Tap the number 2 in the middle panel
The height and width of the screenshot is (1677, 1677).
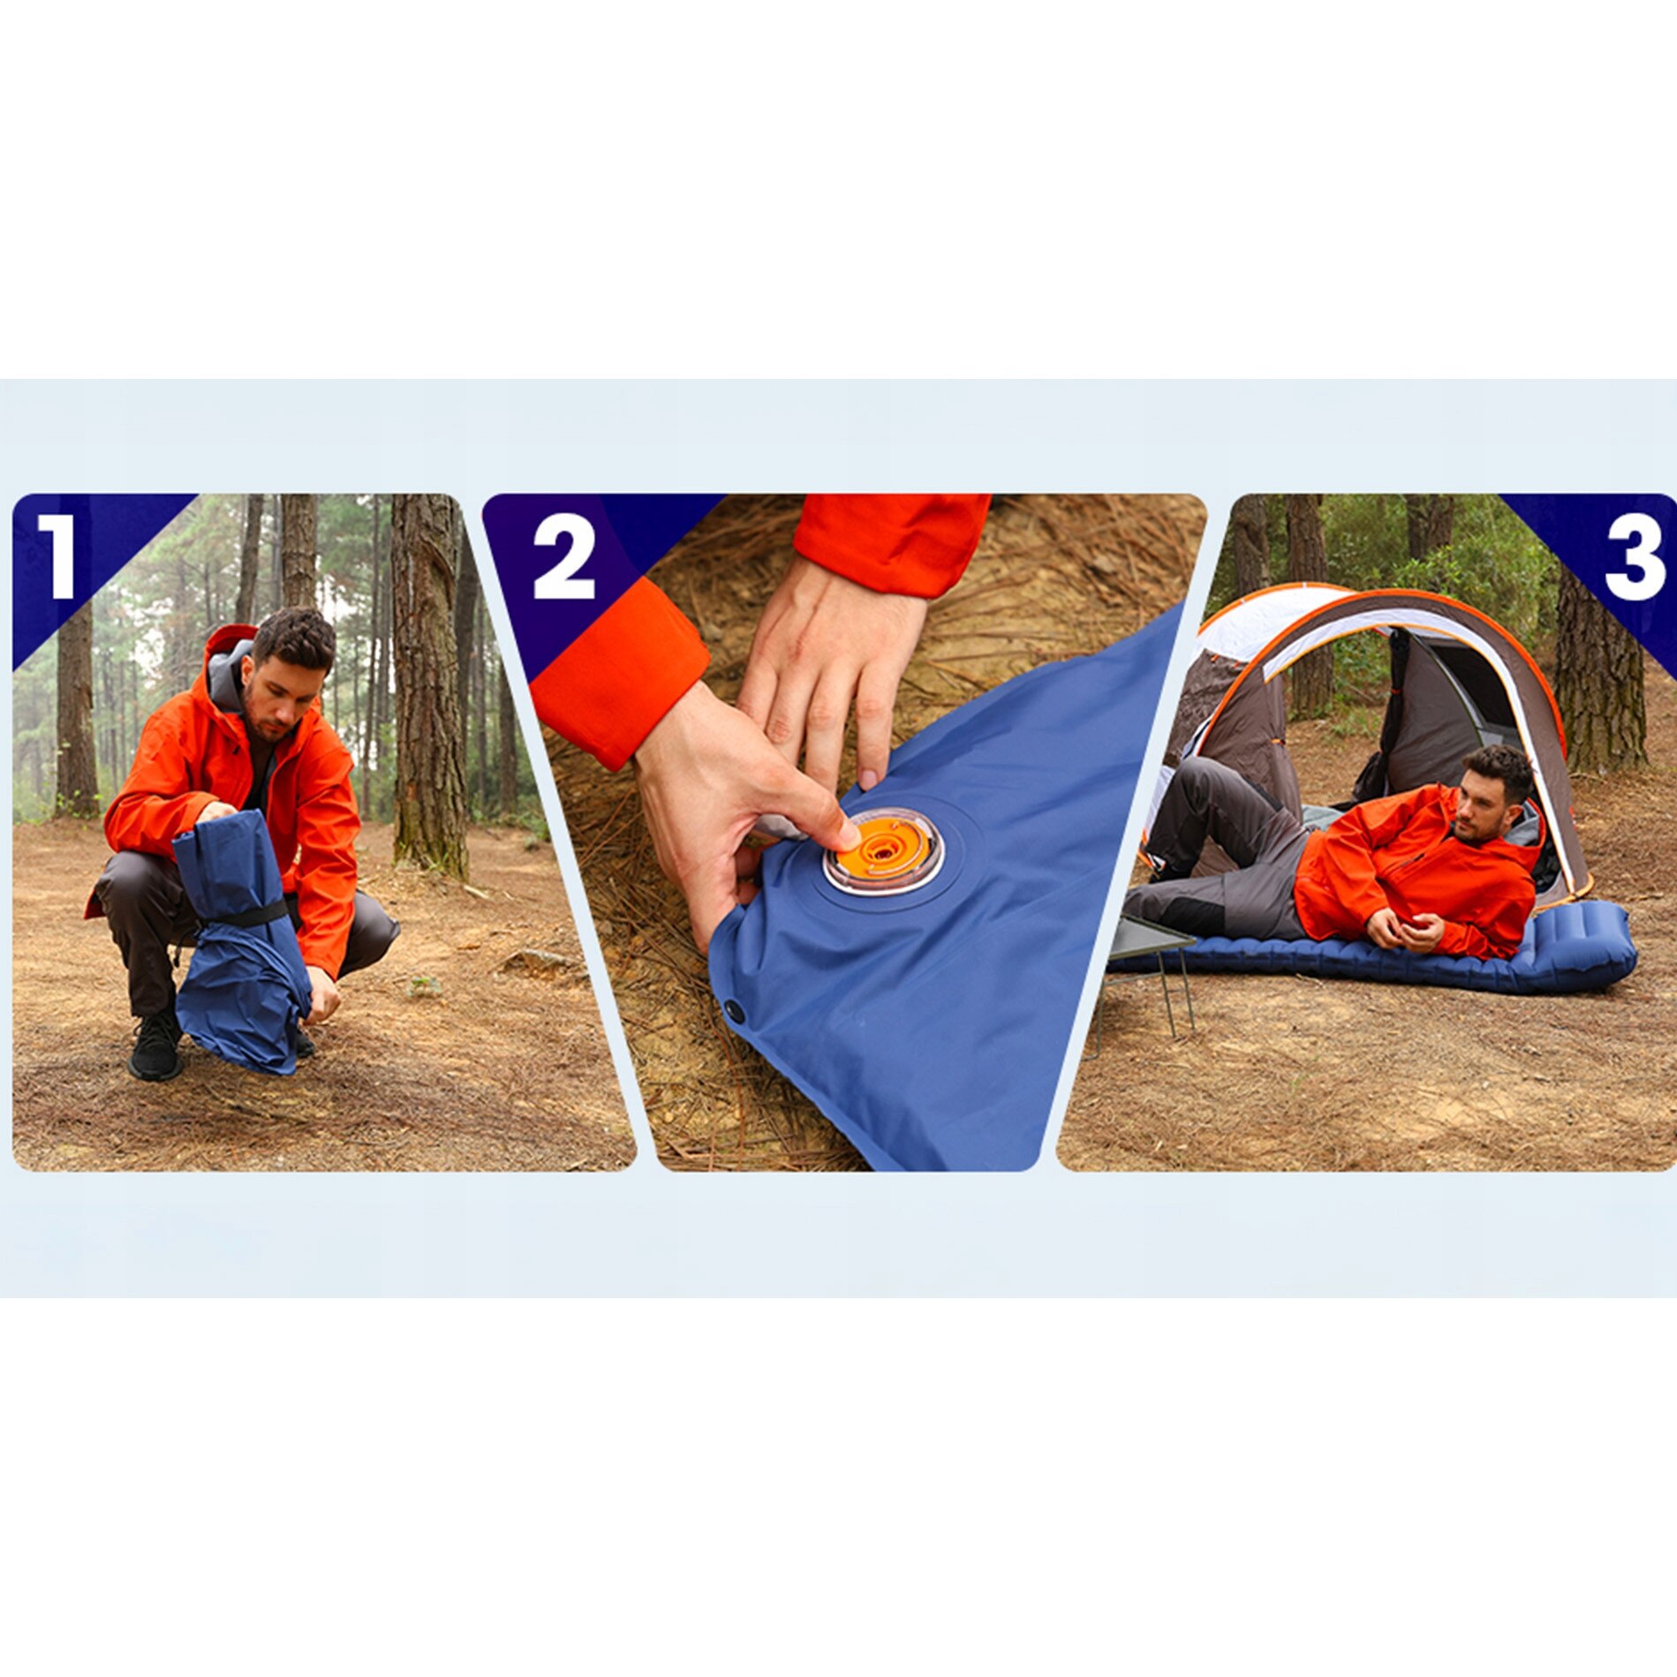coord(564,555)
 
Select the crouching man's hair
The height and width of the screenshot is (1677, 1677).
coord(295,638)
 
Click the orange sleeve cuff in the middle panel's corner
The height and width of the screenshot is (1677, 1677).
coord(619,675)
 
